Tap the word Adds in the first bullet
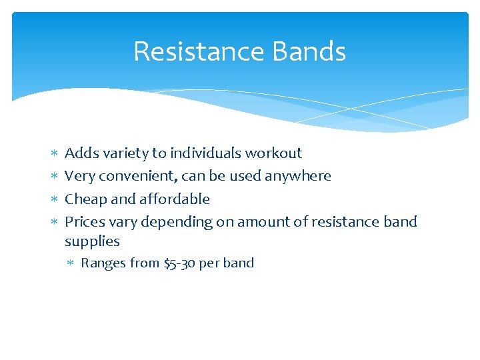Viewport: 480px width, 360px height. (x=80, y=153)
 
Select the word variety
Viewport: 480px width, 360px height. (x=124, y=153)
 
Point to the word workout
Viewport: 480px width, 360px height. (x=273, y=153)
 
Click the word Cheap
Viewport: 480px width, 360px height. (x=84, y=199)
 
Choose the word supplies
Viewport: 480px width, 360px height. (x=92, y=241)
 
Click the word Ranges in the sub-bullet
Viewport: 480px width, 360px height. (x=103, y=263)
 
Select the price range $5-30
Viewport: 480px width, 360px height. (x=179, y=263)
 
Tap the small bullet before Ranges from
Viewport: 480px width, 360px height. (x=71, y=263)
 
